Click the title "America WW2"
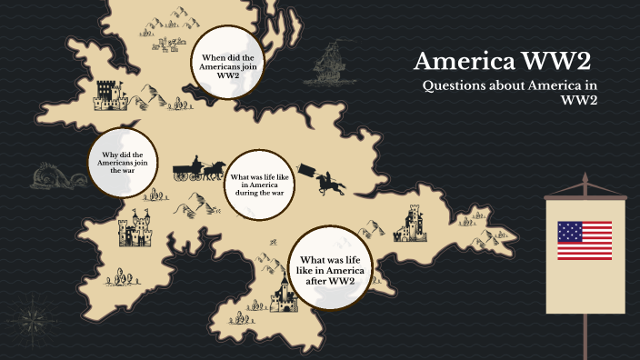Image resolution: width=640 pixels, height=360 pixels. pyautogui.click(x=502, y=63)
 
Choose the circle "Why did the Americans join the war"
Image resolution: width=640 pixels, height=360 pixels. pyautogui.click(x=123, y=163)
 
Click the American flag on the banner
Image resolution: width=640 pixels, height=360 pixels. pyautogui.click(x=585, y=240)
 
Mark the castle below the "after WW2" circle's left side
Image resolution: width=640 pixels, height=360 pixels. pyautogui.click(x=285, y=293)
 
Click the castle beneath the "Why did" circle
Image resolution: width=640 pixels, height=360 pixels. pyautogui.click(x=135, y=230)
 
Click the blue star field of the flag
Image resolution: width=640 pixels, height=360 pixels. pyautogui.click(x=571, y=231)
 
